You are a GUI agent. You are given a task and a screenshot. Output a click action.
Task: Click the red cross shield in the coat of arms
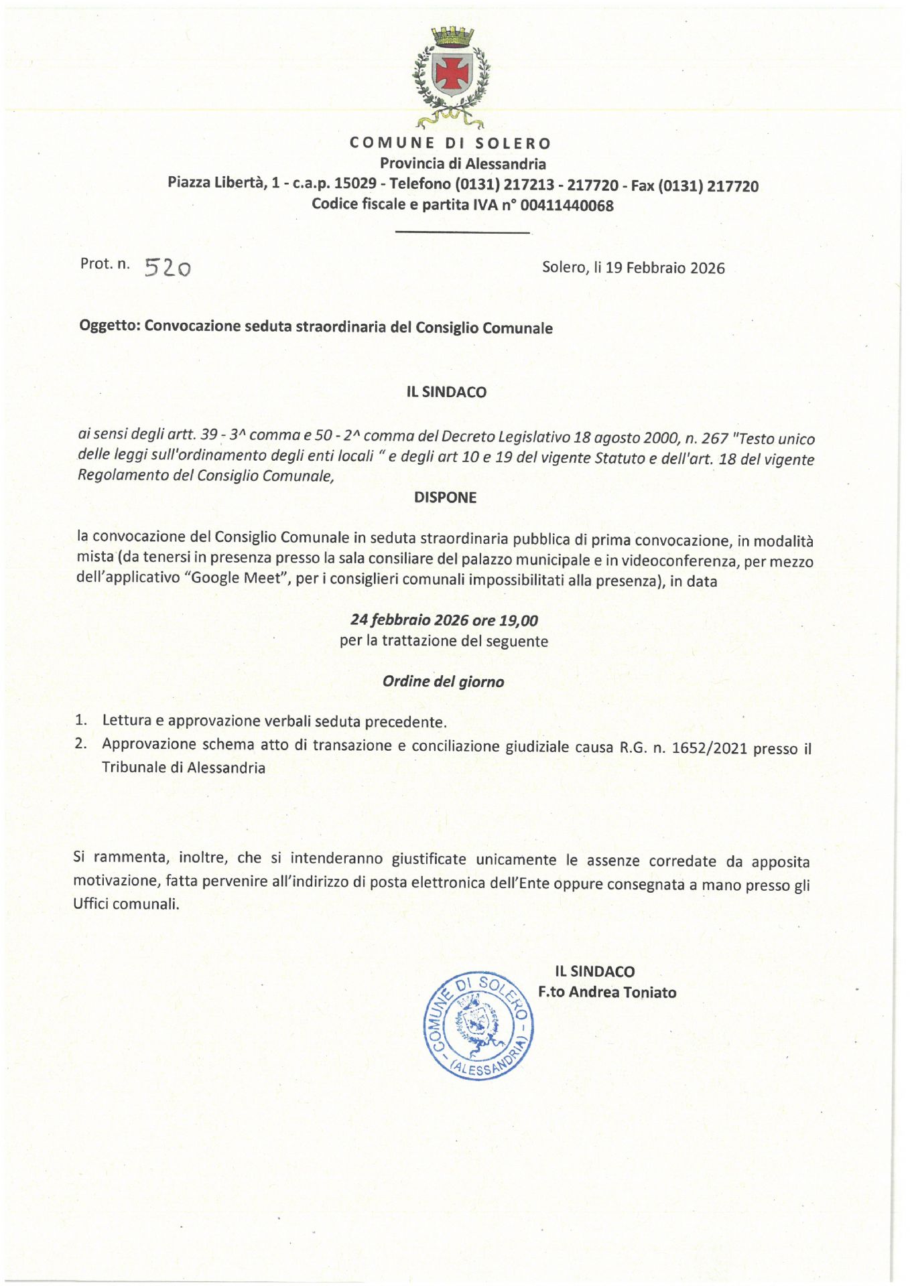coord(452,72)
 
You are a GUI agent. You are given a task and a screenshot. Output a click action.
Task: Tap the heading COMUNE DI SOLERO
coord(450,143)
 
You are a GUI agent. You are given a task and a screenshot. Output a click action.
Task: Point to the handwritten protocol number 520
coord(168,267)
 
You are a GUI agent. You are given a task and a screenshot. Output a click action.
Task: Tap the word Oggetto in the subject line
coord(109,326)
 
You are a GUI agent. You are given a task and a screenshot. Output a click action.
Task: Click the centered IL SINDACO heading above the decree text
coord(446,392)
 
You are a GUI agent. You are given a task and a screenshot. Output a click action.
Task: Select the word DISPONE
coord(445,498)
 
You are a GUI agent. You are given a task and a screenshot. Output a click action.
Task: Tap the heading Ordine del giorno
coord(443,682)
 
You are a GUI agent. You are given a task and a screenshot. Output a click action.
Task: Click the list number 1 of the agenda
coord(80,720)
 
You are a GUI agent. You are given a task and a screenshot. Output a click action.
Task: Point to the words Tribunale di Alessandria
coord(183,768)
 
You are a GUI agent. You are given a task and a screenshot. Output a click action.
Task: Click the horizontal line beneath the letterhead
coord(462,232)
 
